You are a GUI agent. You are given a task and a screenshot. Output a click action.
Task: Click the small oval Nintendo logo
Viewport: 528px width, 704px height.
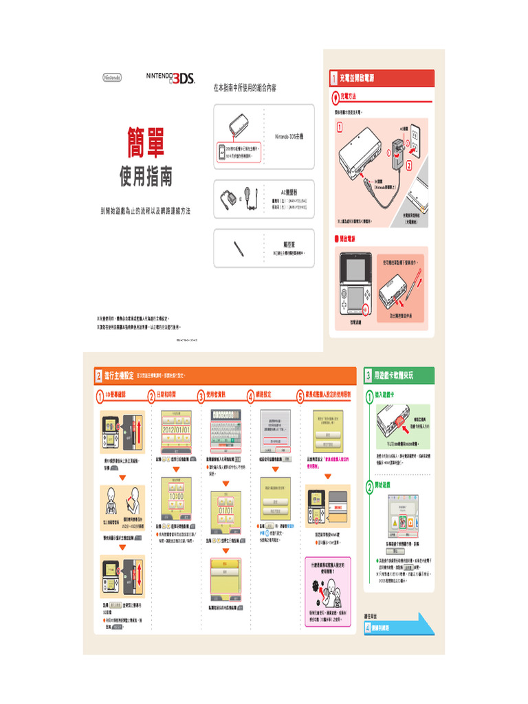pyautogui.click(x=111, y=78)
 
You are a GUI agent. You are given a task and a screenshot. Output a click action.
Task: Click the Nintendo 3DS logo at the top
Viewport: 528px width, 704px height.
pyautogui.click(x=171, y=78)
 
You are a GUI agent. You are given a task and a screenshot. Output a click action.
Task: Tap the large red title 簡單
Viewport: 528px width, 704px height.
pyautogui.click(x=145, y=142)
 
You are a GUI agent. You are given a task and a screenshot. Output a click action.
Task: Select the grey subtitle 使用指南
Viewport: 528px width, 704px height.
pyautogui.click(x=146, y=177)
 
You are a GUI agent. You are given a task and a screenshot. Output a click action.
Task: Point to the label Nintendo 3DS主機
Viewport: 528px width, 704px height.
pyautogui.click(x=293, y=137)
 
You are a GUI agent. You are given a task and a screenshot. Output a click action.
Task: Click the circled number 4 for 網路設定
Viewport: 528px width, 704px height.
pyautogui.click(x=250, y=395)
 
